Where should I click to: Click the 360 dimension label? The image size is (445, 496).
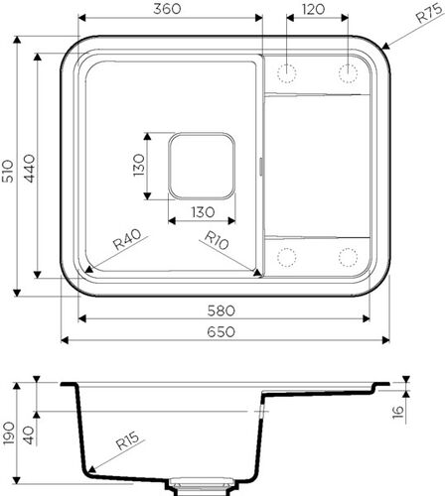[x=168, y=9]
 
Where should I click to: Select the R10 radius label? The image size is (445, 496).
[x=218, y=239]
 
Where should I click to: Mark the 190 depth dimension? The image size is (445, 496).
[x=9, y=434]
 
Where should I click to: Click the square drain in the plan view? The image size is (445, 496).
[x=202, y=165]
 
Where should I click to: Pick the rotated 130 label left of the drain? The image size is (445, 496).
[x=140, y=165]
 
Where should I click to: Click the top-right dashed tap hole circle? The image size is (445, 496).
[x=349, y=71]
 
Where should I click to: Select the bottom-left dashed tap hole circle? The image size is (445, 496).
[x=288, y=256]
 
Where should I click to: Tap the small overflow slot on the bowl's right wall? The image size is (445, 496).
[x=261, y=166]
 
